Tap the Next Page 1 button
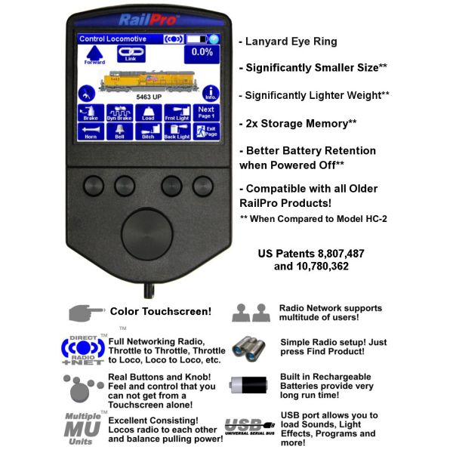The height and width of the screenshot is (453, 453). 206,112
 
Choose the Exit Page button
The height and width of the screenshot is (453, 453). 206,131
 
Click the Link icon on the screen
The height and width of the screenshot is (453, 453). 130,54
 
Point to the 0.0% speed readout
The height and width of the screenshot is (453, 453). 202,53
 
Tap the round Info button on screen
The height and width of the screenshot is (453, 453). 210,93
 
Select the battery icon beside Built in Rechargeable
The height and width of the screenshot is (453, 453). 248,384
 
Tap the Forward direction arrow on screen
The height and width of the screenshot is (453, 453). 94,54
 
